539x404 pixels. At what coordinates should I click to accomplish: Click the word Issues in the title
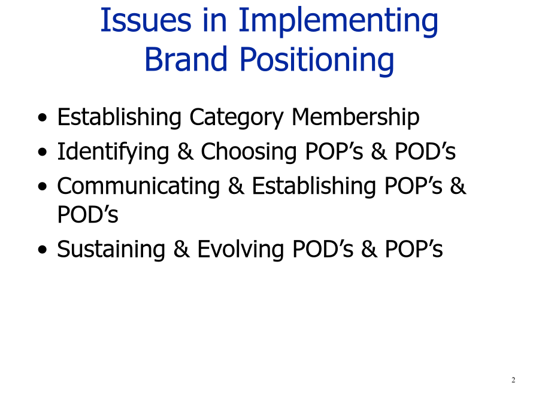(146, 20)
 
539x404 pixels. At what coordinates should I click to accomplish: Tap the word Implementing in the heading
(338, 22)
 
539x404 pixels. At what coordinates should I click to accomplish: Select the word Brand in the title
(186, 59)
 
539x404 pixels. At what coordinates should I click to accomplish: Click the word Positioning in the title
(317, 60)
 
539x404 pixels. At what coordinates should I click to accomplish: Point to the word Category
(237, 118)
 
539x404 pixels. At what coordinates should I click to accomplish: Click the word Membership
(355, 117)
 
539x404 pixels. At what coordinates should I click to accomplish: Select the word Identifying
(113, 151)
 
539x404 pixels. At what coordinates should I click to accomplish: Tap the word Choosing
(249, 151)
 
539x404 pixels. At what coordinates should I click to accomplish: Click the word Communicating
(138, 186)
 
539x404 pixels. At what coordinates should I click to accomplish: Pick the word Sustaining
(111, 249)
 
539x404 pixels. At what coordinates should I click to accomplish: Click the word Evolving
(240, 249)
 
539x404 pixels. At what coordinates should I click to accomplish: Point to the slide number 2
(513, 380)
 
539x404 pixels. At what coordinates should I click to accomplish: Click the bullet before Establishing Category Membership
(43, 118)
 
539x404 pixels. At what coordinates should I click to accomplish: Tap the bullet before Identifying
(43, 152)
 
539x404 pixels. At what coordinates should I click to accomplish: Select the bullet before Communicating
(43, 187)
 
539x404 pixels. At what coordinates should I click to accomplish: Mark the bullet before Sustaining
(43, 250)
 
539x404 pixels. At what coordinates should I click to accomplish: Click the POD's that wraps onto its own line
(87, 214)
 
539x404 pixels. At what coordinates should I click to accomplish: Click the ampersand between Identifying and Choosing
(185, 151)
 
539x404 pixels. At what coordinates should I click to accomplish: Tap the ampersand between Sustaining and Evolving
(181, 249)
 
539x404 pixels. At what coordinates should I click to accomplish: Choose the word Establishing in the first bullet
(119, 117)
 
